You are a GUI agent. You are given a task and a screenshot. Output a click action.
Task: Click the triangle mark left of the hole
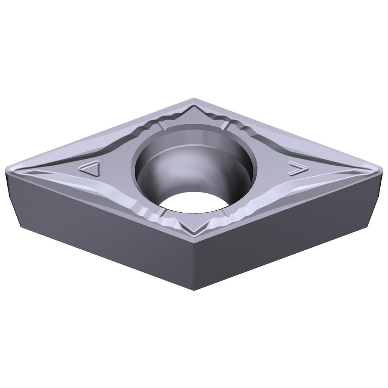[90, 170]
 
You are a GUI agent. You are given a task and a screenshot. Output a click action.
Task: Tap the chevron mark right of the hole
[298, 168]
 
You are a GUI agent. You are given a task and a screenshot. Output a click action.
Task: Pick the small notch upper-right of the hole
[225, 125]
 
